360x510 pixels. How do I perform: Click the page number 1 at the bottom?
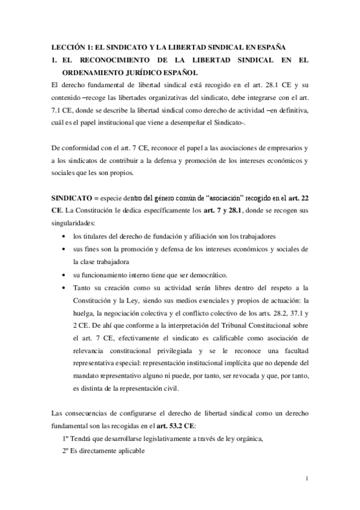(x=307, y=479)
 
